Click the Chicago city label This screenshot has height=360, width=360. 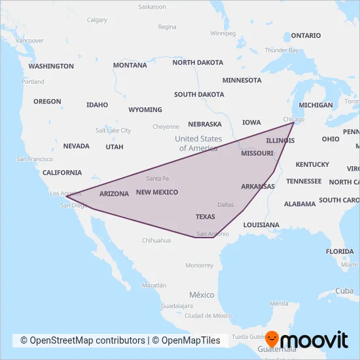point(294,119)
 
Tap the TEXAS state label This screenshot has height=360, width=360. point(205,217)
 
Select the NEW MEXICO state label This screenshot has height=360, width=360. point(156,192)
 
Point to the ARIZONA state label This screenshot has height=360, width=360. point(114,194)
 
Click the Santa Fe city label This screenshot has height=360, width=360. point(158,179)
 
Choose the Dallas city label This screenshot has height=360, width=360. point(225,205)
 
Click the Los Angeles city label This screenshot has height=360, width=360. point(64,194)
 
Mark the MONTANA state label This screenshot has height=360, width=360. point(130,65)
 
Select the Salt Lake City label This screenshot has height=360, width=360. point(113,130)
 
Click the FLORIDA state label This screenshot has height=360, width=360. point(340,251)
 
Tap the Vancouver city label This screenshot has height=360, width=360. point(30,41)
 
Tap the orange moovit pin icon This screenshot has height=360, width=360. point(272,339)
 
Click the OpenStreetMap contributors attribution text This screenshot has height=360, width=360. point(82,340)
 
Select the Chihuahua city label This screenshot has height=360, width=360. point(156,240)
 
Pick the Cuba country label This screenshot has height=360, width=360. point(344,291)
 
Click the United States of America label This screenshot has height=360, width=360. point(198,143)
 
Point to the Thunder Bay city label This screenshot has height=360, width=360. point(281,50)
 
